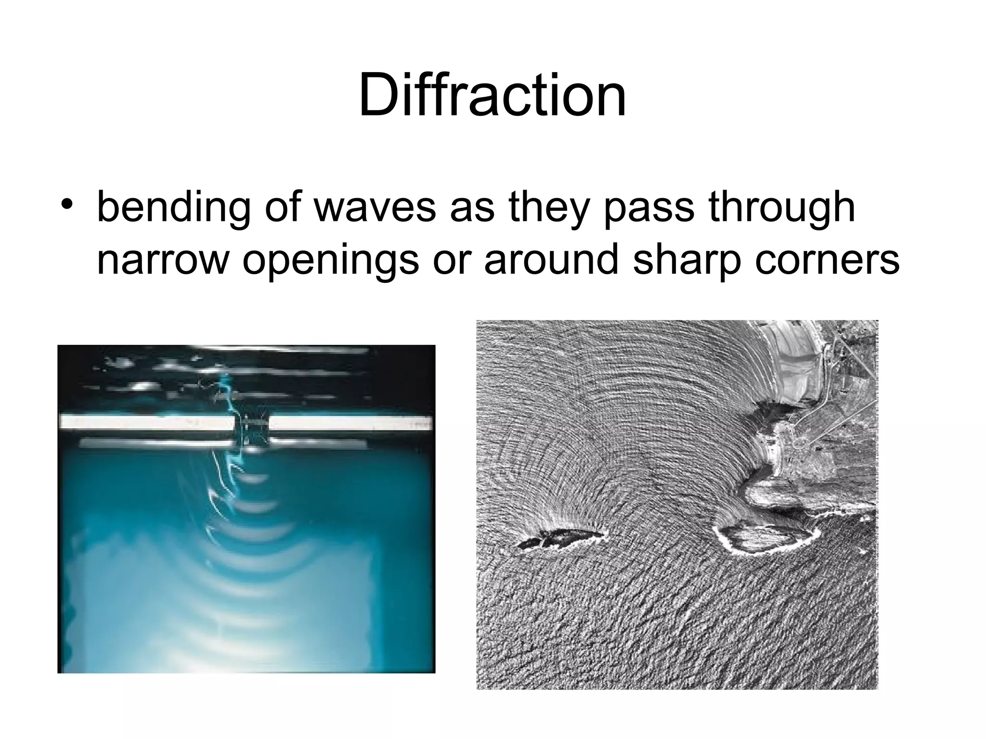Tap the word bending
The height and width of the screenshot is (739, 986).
click(173, 208)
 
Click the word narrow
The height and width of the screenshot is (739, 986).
click(162, 260)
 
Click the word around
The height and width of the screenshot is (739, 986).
click(552, 259)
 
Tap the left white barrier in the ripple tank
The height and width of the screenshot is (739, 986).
click(147, 423)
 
